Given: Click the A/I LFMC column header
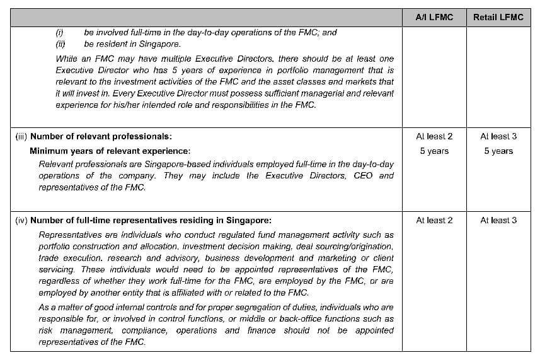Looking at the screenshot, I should (434, 17).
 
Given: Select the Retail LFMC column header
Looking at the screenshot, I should (498, 17).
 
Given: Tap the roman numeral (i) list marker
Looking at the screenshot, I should (59, 32).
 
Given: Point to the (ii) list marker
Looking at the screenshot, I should (60, 44).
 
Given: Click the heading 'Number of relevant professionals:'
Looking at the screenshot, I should (101, 136).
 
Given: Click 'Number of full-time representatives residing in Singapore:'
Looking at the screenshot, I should (151, 220).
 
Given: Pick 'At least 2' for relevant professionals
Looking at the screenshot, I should (434, 136).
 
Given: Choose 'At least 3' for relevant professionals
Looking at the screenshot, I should (498, 136).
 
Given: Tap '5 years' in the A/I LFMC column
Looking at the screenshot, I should (434, 151).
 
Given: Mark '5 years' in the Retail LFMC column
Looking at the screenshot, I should (498, 151).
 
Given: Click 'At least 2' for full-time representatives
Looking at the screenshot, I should (434, 220).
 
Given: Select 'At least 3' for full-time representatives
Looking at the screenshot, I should (498, 220).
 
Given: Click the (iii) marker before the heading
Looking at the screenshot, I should (21, 136).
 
